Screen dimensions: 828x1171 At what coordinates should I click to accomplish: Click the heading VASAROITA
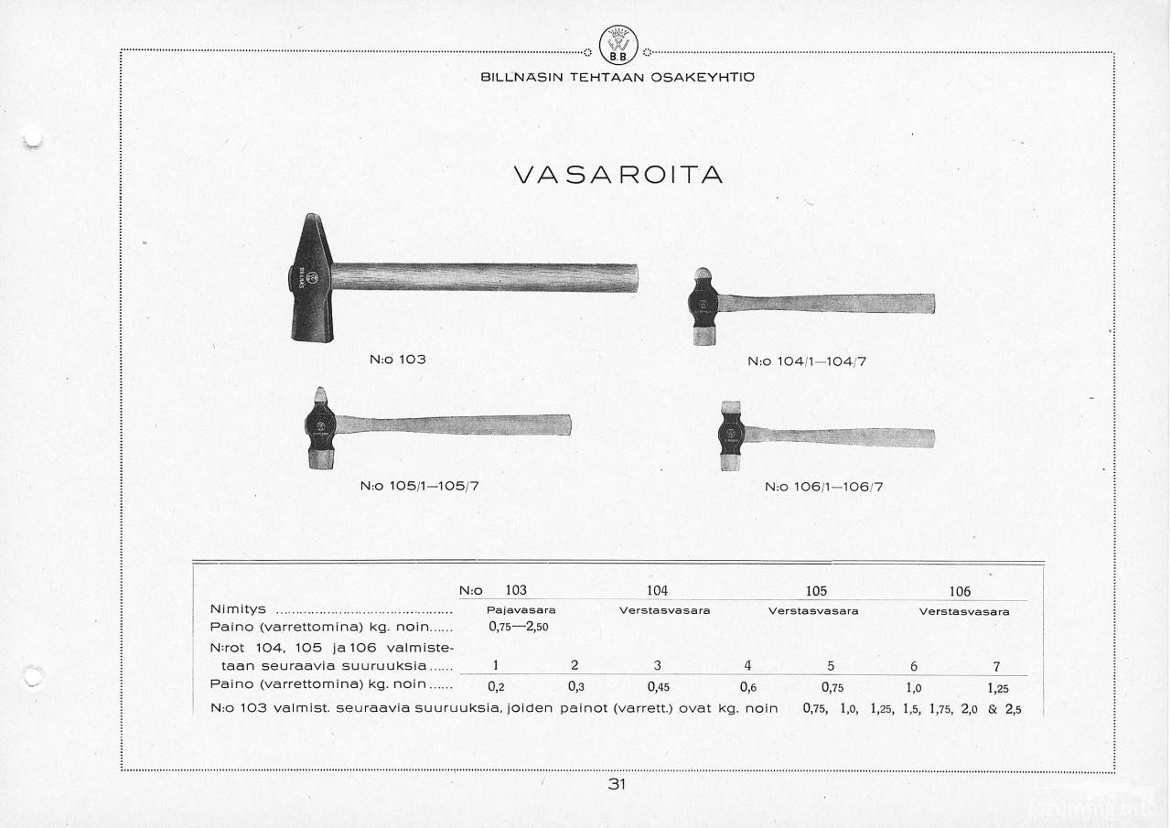618,174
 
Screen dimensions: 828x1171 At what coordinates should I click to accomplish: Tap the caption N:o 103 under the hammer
397,360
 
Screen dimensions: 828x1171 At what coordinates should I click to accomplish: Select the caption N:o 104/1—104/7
807,361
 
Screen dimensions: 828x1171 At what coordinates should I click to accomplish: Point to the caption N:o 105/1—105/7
420,486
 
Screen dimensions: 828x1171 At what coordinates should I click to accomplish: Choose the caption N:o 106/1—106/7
823,487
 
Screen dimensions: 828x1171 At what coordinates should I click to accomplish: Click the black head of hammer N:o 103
307,279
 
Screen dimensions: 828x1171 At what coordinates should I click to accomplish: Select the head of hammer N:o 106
731,436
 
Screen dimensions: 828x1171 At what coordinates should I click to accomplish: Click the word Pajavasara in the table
521,610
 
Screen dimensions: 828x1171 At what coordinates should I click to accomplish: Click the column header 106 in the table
960,592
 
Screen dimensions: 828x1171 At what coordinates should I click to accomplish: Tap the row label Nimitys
238,609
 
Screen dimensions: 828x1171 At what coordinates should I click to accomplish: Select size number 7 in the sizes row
996,666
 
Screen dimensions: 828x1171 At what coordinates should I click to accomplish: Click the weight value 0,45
659,685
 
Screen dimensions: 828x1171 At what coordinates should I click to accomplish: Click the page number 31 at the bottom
616,784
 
